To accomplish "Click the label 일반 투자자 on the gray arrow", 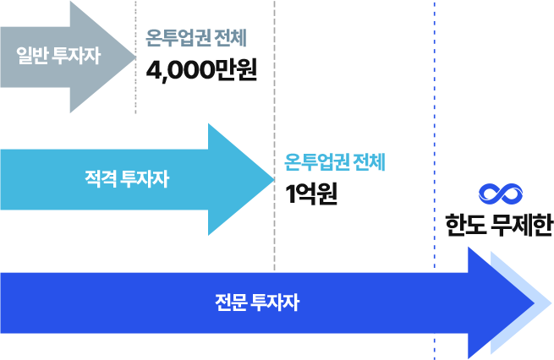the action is tap(58, 56).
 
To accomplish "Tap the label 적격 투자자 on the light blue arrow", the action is tap(127, 178).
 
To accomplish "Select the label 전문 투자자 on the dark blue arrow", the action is tap(257, 303).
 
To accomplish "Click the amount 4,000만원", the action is tap(201, 70).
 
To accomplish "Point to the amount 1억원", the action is tap(311, 194).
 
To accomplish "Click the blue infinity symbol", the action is tap(501, 194).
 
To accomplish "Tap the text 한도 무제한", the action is tap(499, 225).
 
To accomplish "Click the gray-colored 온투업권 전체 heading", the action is tap(196, 38).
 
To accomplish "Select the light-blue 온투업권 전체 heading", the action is tap(335, 162).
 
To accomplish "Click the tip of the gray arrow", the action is tap(135, 57).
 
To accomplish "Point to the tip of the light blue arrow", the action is tap(274, 179).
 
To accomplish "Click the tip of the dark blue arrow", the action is tap(534, 303).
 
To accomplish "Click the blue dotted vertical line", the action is tap(435, 180).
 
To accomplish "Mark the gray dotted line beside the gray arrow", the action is tap(135, 57).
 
